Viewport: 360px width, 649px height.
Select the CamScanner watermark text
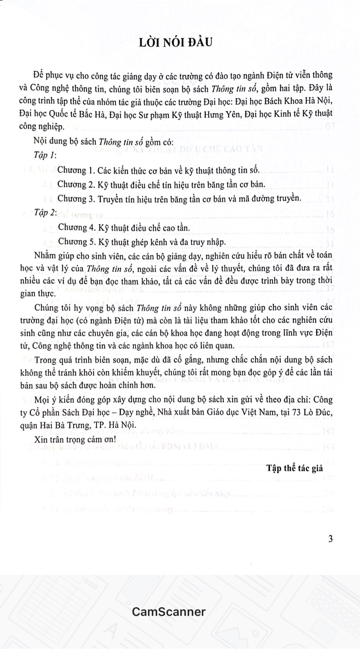click(168, 611)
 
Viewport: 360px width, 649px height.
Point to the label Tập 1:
click(45, 155)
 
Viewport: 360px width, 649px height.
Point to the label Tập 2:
click(45, 213)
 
